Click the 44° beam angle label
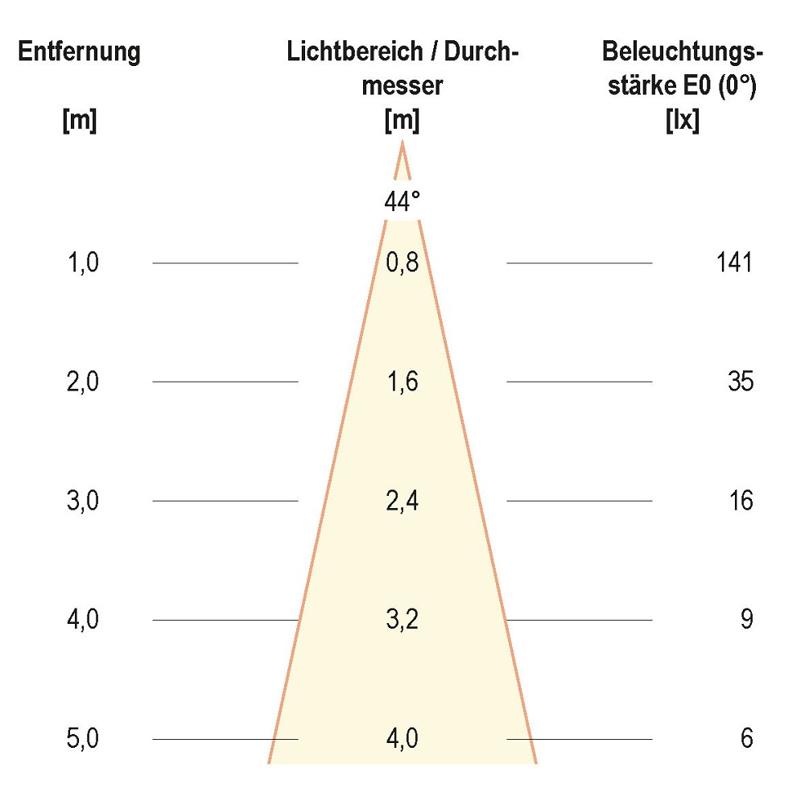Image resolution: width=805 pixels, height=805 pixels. (x=402, y=202)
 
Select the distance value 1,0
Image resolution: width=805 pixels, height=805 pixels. (x=82, y=262)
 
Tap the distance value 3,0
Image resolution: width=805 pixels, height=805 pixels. (x=82, y=501)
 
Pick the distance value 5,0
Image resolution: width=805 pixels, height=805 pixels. (x=82, y=739)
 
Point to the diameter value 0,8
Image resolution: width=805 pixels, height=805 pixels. (x=402, y=262)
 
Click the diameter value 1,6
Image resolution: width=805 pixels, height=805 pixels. (x=402, y=382)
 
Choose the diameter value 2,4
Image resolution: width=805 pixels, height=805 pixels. (x=402, y=501)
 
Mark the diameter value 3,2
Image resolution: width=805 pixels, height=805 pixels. (x=402, y=620)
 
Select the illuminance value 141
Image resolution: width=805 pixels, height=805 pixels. (x=733, y=262)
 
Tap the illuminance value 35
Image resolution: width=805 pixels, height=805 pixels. (x=741, y=382)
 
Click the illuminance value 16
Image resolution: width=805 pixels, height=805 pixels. (x=741, y=501)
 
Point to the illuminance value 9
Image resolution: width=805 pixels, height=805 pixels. (x=747, y=620)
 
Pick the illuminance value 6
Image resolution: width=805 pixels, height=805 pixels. (x=747, y=739)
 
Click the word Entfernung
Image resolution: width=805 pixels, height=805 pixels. (x=80, y=52)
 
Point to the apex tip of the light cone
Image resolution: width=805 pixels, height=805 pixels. (x=402, y=143)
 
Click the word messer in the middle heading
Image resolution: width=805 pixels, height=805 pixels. (x=402, y=86)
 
